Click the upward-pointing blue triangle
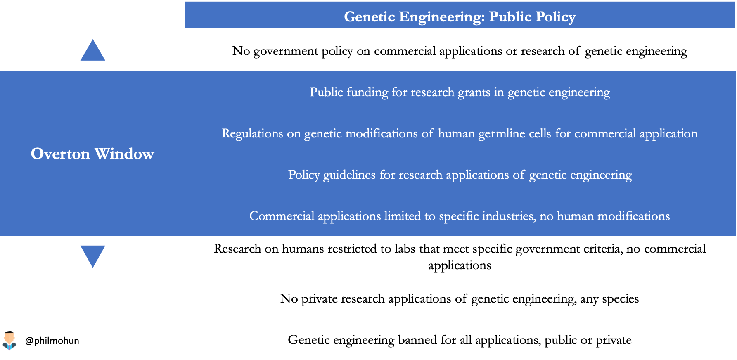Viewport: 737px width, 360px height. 92,50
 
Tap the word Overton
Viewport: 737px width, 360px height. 60,154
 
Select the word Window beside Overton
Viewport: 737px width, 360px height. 124,154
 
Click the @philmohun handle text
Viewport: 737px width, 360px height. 52,341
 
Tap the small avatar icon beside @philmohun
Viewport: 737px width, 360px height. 9,340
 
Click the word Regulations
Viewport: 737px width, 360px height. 253,134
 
